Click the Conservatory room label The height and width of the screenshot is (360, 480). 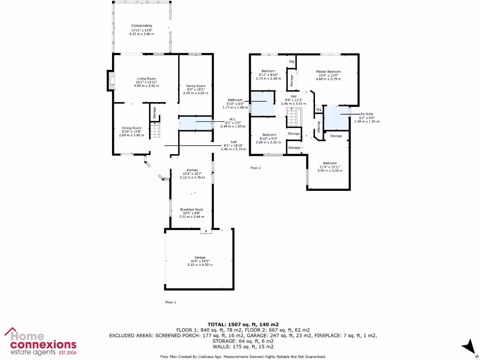142,26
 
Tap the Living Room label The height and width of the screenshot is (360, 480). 146,79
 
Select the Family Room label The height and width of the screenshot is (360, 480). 195,86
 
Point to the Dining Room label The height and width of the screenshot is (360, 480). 131,128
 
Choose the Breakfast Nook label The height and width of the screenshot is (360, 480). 192,210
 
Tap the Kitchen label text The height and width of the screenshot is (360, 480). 192,170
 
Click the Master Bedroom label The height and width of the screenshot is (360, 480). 328,72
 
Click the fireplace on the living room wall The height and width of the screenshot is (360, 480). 111,80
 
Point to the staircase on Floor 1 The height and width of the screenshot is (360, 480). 155,129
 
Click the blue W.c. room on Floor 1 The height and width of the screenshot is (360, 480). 195,123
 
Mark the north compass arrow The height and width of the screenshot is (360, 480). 467,347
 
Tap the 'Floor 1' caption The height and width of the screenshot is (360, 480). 171,302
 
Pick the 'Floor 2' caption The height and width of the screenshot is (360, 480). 255,167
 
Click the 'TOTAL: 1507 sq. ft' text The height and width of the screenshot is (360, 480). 243,324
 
